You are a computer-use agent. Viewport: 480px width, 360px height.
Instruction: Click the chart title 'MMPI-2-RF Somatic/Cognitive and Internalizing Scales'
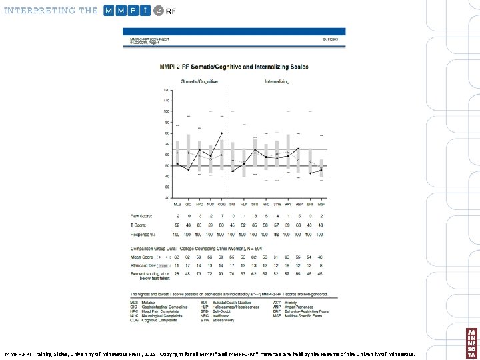click(233, 67)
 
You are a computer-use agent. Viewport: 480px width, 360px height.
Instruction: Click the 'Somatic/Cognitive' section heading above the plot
click(199, 82)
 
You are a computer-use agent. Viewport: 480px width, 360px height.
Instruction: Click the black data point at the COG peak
click(221, 133)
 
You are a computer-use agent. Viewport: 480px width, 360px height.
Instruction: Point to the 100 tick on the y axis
click(166, 111)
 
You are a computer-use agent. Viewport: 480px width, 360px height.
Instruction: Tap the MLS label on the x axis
click(177, 205)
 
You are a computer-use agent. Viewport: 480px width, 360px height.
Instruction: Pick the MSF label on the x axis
click(321, 205)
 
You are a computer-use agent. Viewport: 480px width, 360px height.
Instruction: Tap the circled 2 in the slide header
click(158, 11)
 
